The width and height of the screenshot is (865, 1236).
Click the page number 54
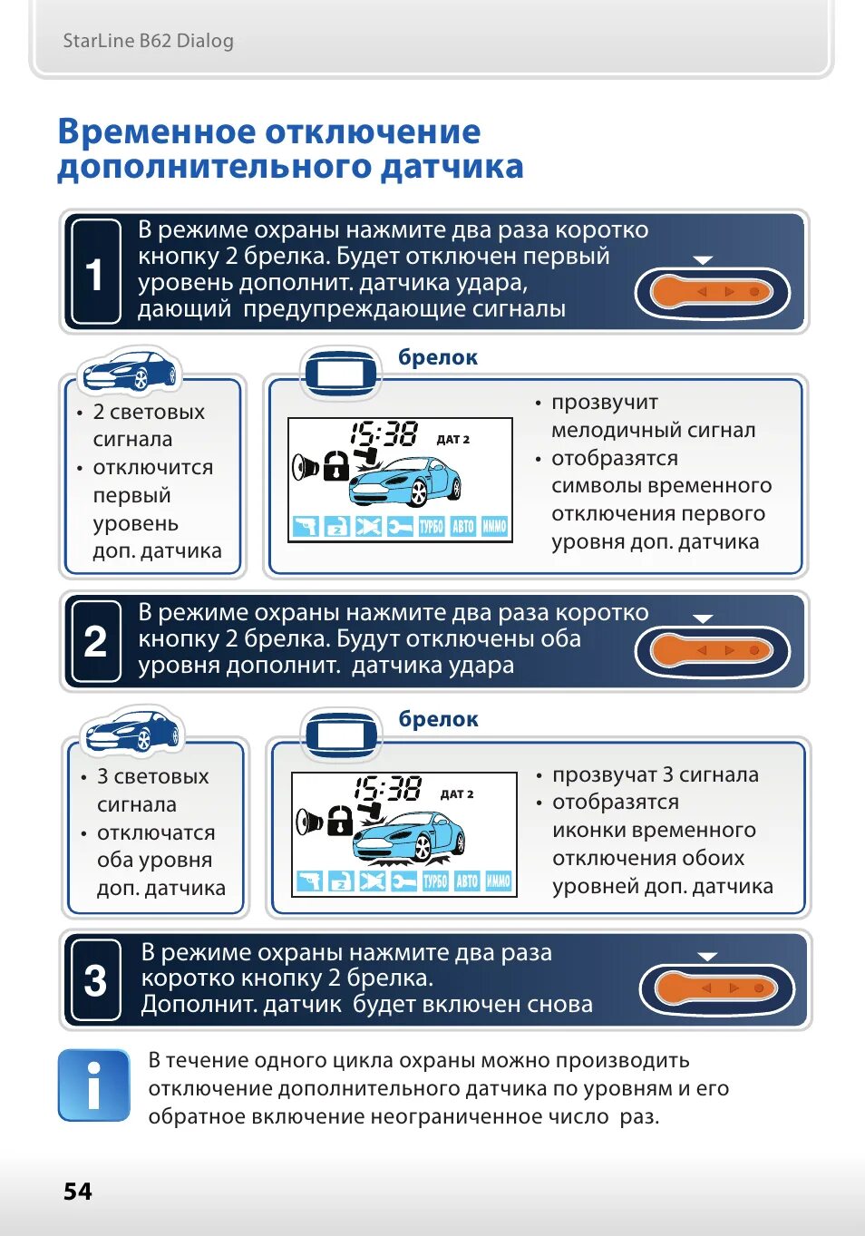[78, 1192]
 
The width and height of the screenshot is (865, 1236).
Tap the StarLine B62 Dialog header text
[149, 41]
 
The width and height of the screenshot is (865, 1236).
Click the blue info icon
[93, 1085]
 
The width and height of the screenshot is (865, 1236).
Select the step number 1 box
[96, 271]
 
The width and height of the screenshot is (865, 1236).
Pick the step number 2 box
[96, 641]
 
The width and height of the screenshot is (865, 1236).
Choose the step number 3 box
[96, 980]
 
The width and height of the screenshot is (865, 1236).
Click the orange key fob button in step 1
[712, 292]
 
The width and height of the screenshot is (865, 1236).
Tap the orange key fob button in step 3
[716, 988]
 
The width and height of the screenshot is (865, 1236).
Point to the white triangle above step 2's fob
[703, 619]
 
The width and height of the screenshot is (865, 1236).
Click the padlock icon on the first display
[336, 466]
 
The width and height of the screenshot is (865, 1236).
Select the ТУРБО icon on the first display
[432, 526]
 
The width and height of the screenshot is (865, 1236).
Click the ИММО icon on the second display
[498, 881]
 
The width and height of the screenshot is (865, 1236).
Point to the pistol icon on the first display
[306, 526]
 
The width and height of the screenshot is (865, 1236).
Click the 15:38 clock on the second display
[388, 789]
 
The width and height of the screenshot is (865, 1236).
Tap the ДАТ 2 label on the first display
[453, 440]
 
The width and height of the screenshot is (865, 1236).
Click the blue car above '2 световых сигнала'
[130, 370]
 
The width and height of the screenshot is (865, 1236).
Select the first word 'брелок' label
[438, 357]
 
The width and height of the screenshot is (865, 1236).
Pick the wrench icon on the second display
[403, 881]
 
